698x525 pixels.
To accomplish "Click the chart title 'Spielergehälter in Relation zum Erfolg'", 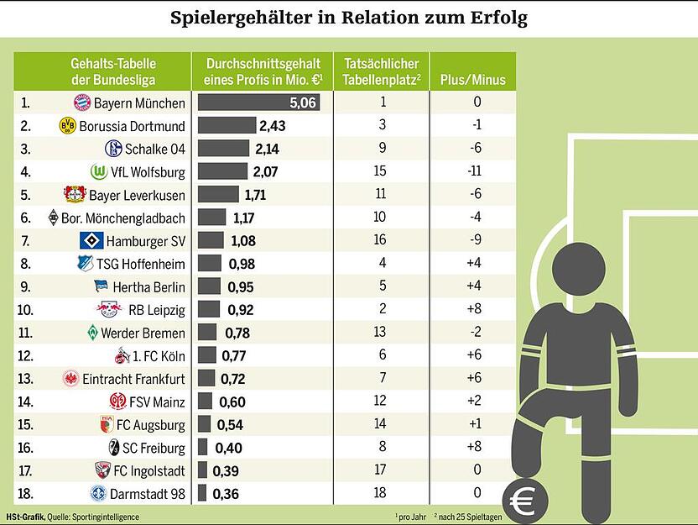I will tap(349, 18).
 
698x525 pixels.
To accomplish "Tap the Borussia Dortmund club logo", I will tap(68, 126).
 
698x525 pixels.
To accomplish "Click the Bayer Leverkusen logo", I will tap(76, 195).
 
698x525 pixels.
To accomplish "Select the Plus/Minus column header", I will tap(473, 81).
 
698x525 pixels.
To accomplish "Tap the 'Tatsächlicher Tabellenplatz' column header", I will tap(382, 72).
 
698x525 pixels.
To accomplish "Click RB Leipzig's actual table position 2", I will tap(382, 309).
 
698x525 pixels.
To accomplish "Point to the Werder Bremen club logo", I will tap(91, 333).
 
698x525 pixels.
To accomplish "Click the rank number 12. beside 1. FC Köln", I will tap(28, 355).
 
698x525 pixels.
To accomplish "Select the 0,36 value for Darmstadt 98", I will tap(225, 494).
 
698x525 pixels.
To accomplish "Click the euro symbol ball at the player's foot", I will tap(525, 501).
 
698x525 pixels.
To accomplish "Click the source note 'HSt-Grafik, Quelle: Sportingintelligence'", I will tap(74, 517).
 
